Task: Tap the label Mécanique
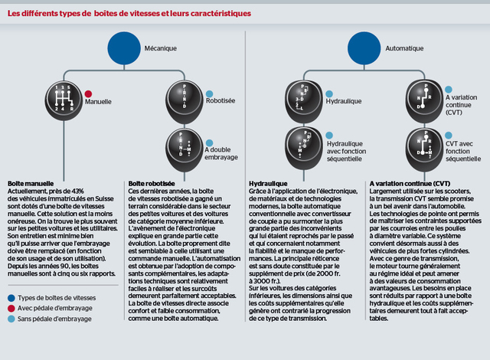click(161, 49)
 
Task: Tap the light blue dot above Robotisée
click(210, 93)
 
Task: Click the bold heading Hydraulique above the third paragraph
click(268, 185)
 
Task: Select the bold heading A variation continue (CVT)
click(410, 185)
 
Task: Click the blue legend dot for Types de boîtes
click(12, 296)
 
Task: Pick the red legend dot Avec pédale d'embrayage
click(12, 307)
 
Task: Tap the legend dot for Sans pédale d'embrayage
click(12, 318)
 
